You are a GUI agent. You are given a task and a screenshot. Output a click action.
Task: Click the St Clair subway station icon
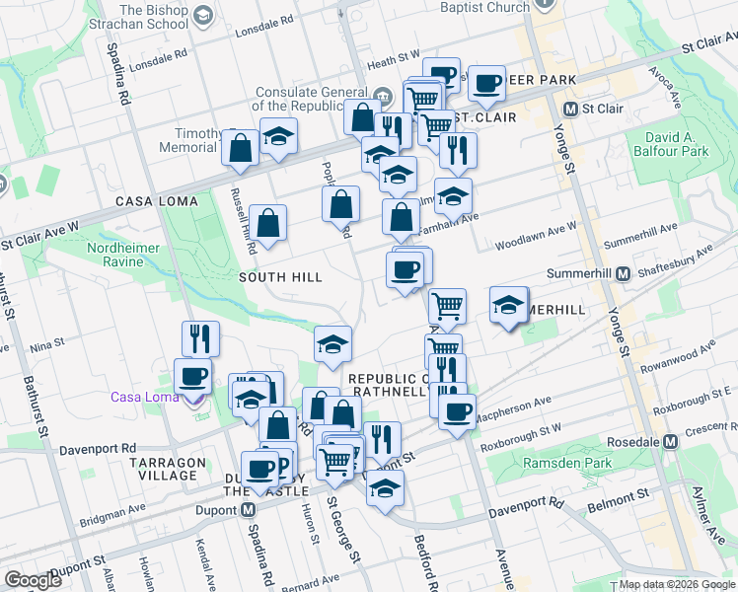pos(570,108)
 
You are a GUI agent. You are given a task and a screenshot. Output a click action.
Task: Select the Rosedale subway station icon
pos(671,441)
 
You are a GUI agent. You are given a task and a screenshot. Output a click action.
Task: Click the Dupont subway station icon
pos(249,510)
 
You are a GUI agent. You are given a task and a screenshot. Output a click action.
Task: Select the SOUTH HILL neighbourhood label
pos(280,278)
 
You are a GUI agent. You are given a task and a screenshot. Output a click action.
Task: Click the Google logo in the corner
pos(33,580)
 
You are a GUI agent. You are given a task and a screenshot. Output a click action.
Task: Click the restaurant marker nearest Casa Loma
pos(200,338)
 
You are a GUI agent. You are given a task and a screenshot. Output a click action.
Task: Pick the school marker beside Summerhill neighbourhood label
pos(509,305)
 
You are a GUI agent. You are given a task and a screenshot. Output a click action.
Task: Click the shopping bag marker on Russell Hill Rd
pos(267,222)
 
